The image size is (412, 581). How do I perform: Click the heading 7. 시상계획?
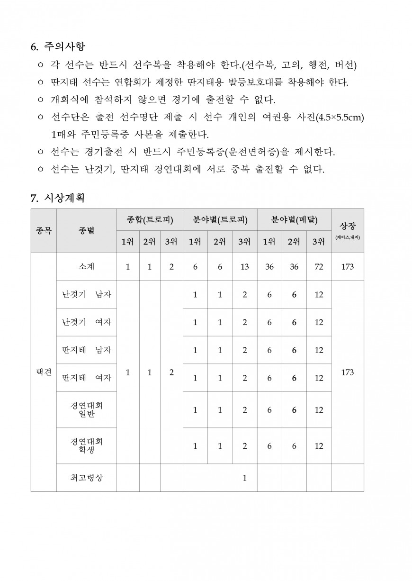pos(58,198)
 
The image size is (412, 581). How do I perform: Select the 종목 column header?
pos(44,231)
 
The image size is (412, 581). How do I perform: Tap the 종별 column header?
pos(86,231)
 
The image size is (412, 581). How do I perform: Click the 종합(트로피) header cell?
pos(150,220)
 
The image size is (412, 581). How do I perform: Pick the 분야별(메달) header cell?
pos(294,220)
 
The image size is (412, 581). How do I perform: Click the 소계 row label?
pos(86,267)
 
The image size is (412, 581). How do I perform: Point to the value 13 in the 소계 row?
pos(244,267)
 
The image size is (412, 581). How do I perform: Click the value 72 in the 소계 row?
pos(319,267)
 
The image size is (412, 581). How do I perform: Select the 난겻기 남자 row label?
pos(86,294)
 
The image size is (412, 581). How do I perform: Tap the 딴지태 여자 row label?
pos(86,378)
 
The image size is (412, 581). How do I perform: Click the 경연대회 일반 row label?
pos(86,410)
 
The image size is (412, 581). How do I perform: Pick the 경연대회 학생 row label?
pos(86,446)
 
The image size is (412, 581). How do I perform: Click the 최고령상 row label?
pos(86,478)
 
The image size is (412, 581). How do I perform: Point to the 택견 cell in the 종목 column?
pos(44,372)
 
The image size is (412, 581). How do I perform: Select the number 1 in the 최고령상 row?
pos(244,478)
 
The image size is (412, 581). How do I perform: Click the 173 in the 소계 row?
pos(347,267)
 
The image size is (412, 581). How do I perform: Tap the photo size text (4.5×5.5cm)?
pos(339,117)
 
